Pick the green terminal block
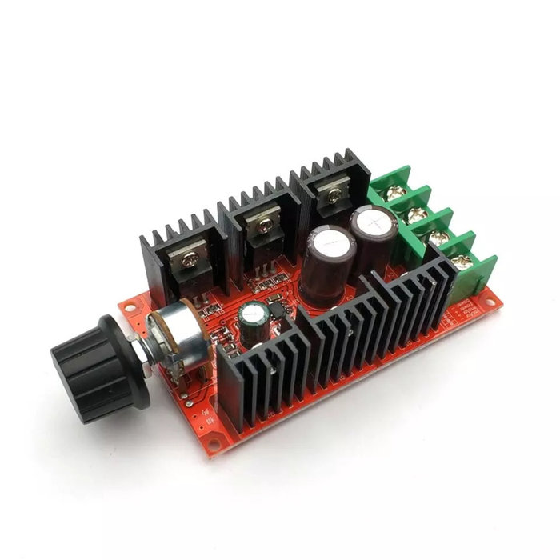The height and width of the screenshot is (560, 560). coord(432,228)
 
